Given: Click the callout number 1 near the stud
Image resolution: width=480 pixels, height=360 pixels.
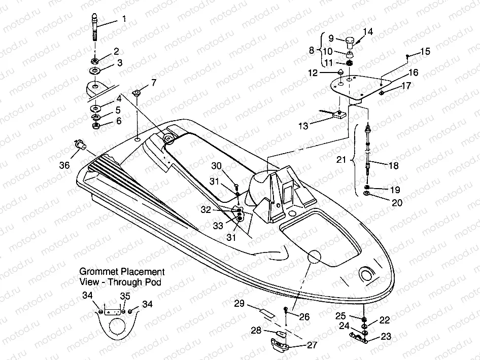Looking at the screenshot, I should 124,19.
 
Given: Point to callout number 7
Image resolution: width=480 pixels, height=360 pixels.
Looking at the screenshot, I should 154,82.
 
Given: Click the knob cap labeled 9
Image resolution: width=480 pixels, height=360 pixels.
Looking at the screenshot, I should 349,41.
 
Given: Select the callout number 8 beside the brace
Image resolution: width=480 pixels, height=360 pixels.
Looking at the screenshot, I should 312,50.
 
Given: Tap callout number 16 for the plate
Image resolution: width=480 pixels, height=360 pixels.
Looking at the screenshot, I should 414,73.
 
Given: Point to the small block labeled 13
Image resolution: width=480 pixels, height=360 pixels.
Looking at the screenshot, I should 337,115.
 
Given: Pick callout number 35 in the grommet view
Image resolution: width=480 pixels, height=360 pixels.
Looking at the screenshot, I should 125,296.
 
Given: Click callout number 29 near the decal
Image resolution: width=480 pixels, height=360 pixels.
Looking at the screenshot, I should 239,303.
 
